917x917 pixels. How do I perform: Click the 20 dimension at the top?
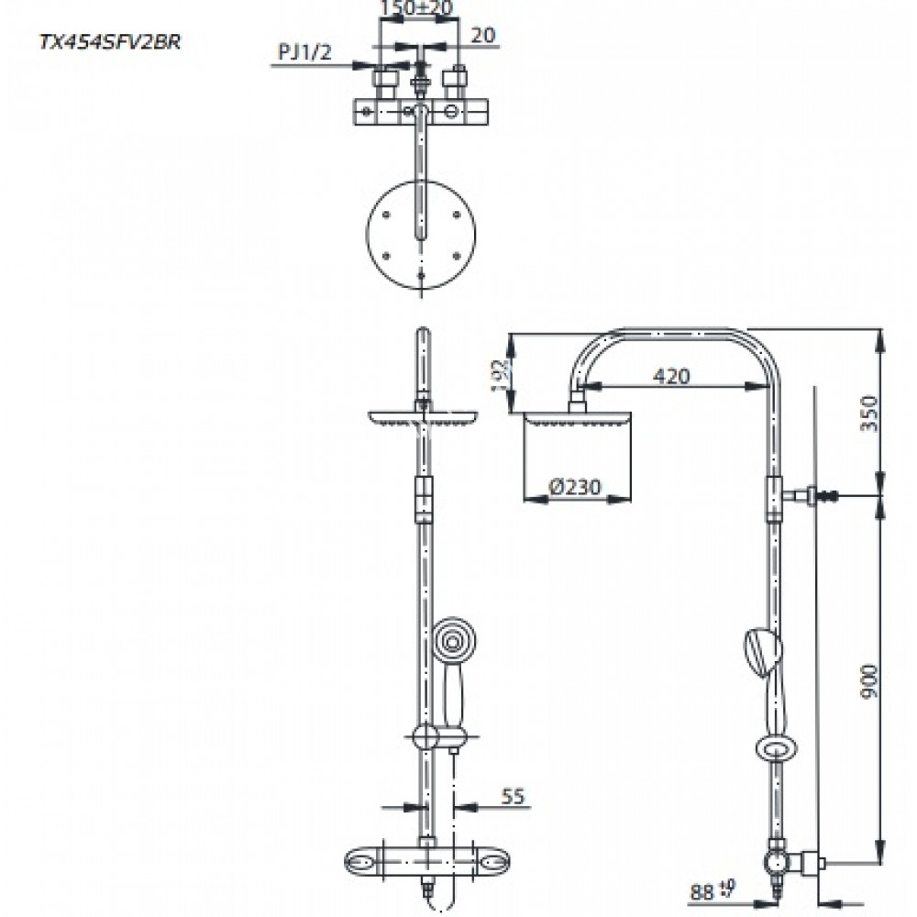click(x=483, y=36)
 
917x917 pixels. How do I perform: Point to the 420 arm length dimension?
click(x=671, y=375)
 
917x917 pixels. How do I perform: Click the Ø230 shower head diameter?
click(x=577, y=488)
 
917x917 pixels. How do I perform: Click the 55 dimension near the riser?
click(x=514, y=798)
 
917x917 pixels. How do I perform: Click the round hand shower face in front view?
click(x=452, y=641)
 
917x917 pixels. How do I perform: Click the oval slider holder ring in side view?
click(x=777, y=750)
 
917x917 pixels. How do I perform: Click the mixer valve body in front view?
click(x=422, y=862)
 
